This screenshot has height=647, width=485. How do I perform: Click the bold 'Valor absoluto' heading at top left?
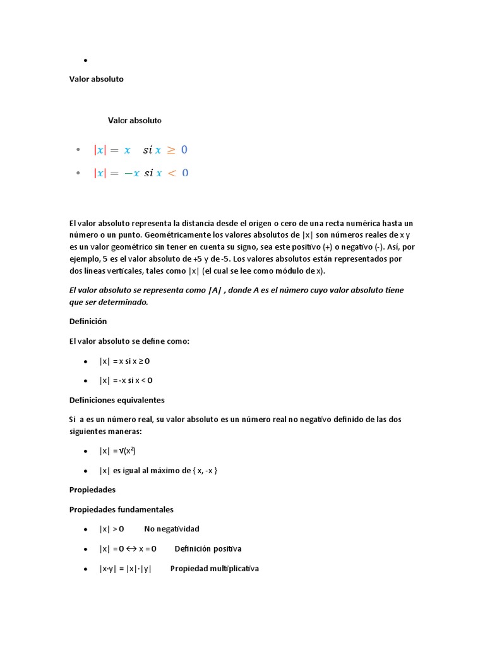click(x=96, y=79)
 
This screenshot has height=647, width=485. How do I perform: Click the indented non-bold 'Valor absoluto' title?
click(x=135, y=120)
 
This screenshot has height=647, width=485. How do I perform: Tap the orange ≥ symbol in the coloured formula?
click(x=171, y=150)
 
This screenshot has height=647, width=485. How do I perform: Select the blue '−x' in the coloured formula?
click(x=131, y=173)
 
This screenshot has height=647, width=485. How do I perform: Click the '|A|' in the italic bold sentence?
click(x=216, y=290)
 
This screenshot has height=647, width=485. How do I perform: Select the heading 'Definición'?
click(x=88, y=321)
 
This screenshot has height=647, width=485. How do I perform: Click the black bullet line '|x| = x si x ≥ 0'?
click(x=124, y=361)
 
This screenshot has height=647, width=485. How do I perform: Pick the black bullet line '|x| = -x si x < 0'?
click(x=126, y=380)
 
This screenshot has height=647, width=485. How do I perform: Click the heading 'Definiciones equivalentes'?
click(x=117, y=400)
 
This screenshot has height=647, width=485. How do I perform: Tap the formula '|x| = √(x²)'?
click(x=117, y=451)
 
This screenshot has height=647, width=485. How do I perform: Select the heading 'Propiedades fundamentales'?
click(x=121, y=509)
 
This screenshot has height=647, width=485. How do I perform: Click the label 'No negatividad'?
click(x=171, y=529)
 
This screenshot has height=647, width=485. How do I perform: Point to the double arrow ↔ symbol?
click(x=130, y=549)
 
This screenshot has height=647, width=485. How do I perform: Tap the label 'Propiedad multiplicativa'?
click(x=214, y=569)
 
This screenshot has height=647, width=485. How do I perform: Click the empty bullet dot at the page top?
click(x=85, y=61)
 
